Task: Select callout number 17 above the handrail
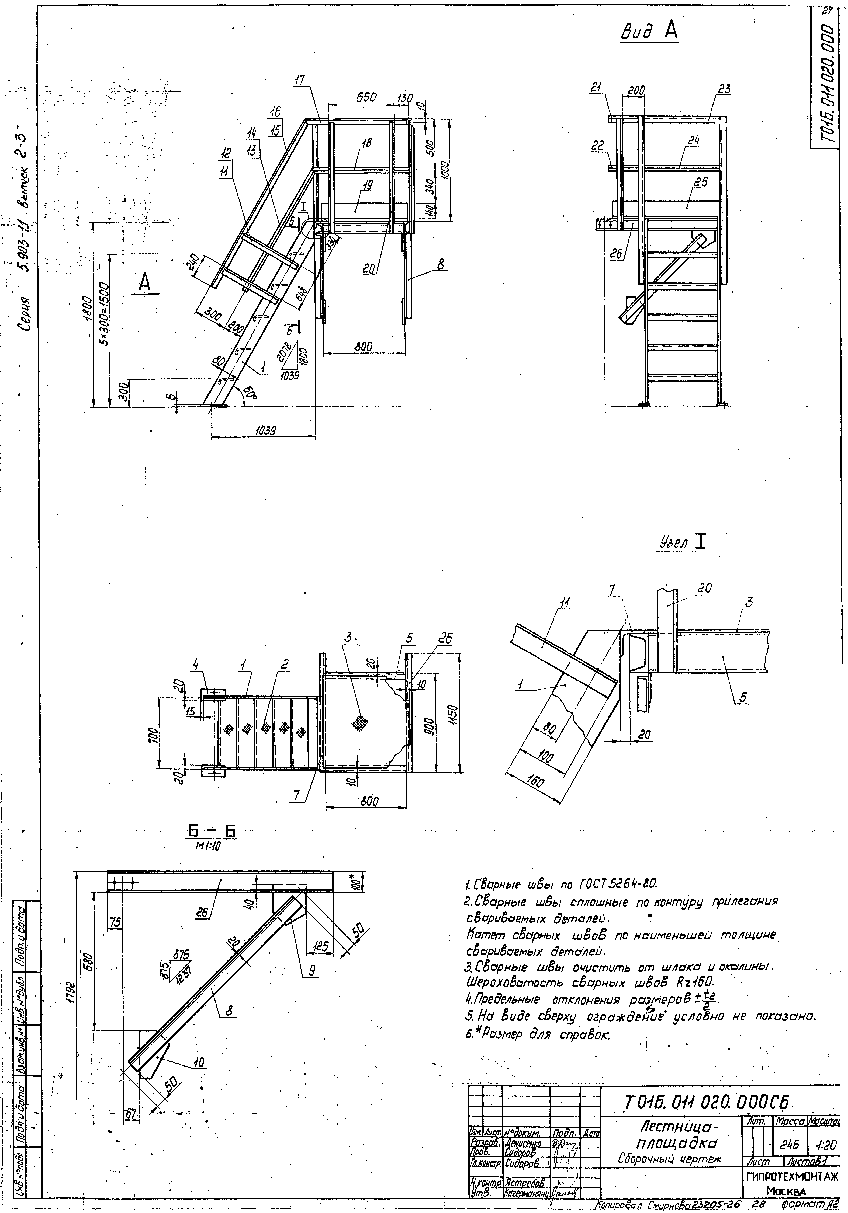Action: pyautogui.click(x=300, y=80)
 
